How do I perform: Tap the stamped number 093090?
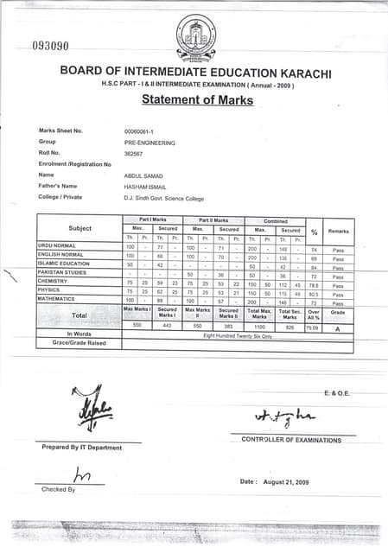click(50, 46)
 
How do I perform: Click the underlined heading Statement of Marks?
click(197, 100)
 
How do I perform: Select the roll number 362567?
click(134, 152)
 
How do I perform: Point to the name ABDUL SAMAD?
click(143, 175)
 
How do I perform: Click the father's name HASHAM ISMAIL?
click(146, 186)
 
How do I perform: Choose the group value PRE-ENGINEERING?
click(149, 142)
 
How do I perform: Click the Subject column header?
click(80, 229)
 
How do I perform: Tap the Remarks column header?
click(338, 231)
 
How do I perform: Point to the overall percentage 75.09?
click(314, 327)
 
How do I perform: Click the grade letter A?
click(338, 327)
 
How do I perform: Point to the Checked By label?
click(58, 489)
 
